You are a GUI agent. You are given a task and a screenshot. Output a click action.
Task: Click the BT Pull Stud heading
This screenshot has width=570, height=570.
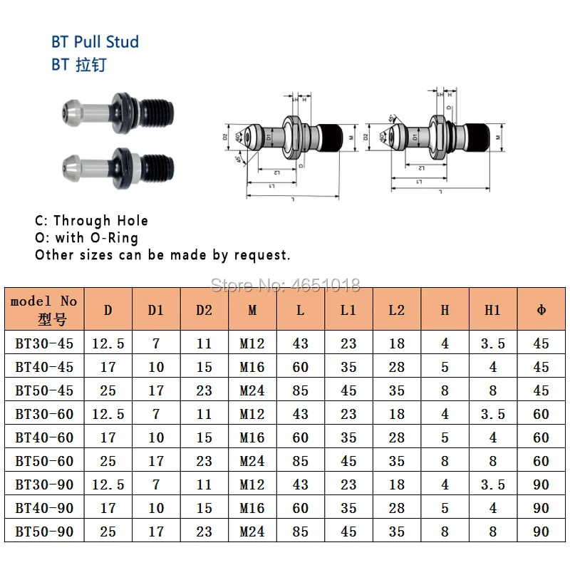tap(95, 41)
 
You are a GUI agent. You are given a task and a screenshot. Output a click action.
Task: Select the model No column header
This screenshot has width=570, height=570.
tap(43, 309)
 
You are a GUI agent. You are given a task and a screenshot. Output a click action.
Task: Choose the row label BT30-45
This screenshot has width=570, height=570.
tap(43, 343)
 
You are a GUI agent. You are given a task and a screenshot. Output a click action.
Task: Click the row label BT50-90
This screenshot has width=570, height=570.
tap(43, 532)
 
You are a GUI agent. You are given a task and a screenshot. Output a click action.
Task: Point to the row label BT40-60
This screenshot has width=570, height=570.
tap(43, 437)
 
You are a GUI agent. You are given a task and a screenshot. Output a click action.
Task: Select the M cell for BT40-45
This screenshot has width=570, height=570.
tap(252, 367)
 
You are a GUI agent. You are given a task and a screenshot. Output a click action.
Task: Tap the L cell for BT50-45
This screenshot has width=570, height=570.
tap(301, 390)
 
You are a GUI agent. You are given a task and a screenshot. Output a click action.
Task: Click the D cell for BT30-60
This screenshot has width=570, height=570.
tap(108, 414)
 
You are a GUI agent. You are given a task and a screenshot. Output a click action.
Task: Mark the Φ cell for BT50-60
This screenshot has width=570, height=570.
tap(541, 461)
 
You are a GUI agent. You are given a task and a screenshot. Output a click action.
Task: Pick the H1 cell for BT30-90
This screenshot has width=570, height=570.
tap(492, 484)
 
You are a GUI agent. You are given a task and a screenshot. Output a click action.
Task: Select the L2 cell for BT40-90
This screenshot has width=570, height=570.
tap(397, 508)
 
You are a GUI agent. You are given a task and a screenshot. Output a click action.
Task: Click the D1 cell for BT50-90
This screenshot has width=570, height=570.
tap(156, 532)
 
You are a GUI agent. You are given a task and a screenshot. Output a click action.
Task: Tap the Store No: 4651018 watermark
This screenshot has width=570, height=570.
tap(286, 285)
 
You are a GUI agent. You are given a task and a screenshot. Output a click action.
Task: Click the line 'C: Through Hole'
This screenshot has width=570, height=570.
tap(91, 221)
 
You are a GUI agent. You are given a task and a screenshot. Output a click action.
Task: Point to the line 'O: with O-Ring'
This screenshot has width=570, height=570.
tap(86, 237)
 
